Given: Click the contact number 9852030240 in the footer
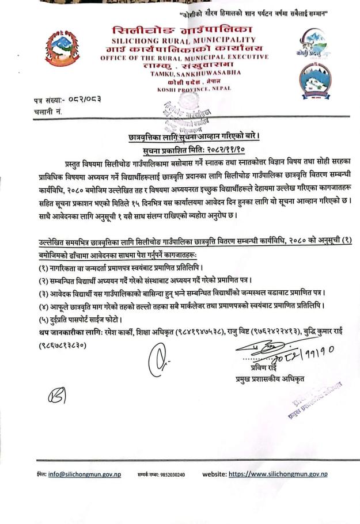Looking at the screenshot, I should click(x=173, y=475).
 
